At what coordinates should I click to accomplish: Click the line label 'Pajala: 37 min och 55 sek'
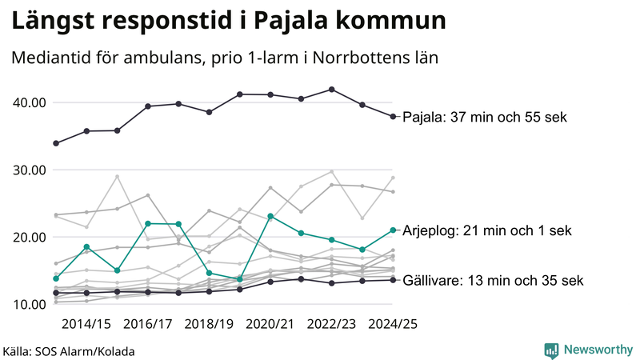[x=484, y=118]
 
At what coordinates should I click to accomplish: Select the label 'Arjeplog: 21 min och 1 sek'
[x=487, y=230]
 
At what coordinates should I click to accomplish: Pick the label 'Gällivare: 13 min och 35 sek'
[x=493, y=281]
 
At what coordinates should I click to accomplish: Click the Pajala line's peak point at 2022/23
[x=332, y=90]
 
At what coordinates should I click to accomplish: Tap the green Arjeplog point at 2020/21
[x=271, y=216]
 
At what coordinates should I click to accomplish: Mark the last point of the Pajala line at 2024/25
[x=393, y=117]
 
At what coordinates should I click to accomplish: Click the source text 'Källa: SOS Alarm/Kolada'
[x=68, y=350]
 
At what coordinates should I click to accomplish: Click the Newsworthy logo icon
[x=551, y=350]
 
